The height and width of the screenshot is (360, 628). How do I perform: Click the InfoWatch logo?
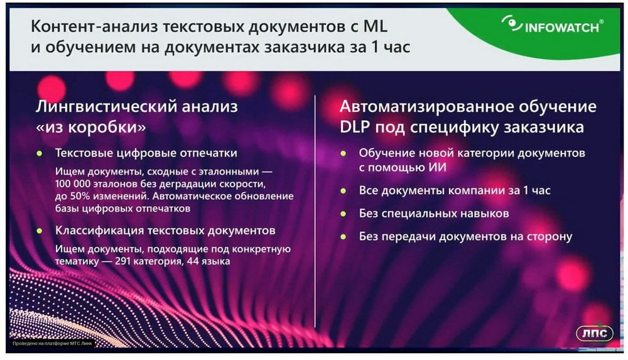click(x=552, y=25)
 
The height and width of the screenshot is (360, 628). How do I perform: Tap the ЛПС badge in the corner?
click(x=594, y=333)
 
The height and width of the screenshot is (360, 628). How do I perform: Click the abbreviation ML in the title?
click(x=376, y=26)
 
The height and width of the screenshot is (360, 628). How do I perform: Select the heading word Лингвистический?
click(x=106, y=107)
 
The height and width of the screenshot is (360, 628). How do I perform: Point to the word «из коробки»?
click(x=91, y=127)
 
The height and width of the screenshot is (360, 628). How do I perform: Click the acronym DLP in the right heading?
click(x=355, y=127)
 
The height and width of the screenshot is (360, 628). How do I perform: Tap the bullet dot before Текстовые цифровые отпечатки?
click(x=39, y=153)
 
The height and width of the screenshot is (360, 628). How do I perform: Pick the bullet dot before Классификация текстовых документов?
click(x=39, y=231)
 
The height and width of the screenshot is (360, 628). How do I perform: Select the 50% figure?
click(x=79, y=197)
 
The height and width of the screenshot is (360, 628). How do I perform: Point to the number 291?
click(x=123, y=261)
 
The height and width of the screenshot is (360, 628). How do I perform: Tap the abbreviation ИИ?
click(x=437, y=167)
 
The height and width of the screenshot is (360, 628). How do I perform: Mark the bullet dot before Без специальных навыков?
click(x=343, y=214)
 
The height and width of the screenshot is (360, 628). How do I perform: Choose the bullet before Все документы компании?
click(x=343, y=191)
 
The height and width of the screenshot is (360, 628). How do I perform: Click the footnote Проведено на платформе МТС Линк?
click(x=52, y=344)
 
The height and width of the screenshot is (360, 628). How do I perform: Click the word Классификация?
click(x=99, y=231)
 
